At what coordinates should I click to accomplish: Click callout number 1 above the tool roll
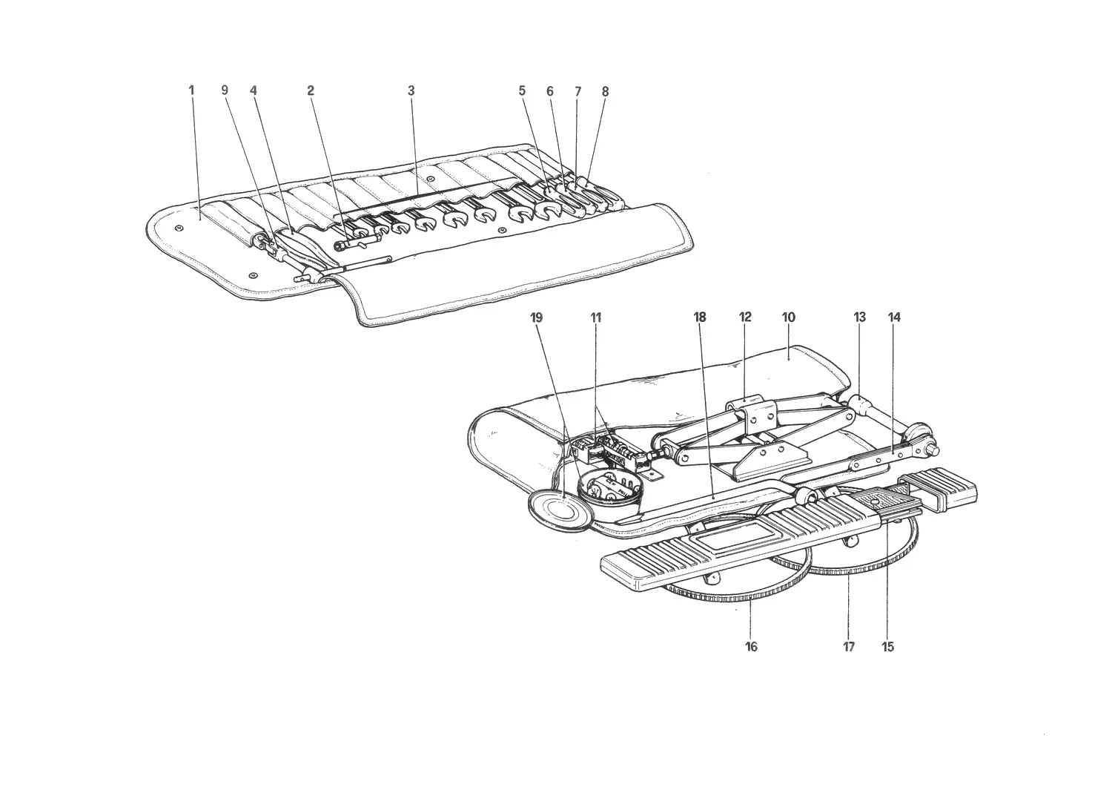[x=191, y=90]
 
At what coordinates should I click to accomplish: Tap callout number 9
[x=225, y=90]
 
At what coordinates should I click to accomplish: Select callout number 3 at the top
[x=411, y=91]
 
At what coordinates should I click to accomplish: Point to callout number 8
[x=605, y=91]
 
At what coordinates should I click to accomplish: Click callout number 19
[x=537, y=317]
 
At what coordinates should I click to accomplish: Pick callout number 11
[x=596, y=317]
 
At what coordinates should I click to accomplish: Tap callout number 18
[x=700, y=317]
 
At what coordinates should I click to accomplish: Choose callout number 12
[x=745, y=317]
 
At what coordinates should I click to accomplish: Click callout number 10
[x=788, y=317]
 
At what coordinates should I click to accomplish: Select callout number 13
[x=859, y=317]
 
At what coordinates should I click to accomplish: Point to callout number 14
[x=893, y=317]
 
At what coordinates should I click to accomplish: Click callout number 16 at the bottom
[x=751, y=647]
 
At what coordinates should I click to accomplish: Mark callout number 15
[x=887, y=647]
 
